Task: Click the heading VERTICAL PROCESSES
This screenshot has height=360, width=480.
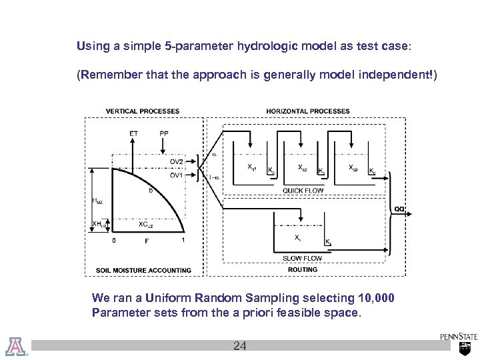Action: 143,111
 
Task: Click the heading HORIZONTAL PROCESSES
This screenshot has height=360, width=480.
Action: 308,111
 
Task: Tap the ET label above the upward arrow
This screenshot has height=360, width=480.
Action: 134,133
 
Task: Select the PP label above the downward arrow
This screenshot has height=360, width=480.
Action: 164,133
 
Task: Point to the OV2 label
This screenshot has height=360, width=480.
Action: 176,161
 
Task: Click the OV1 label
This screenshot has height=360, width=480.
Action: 176,175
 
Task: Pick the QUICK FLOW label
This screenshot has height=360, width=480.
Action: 303,191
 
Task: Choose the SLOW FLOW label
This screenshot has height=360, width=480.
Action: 303,259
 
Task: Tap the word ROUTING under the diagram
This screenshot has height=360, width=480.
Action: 303,269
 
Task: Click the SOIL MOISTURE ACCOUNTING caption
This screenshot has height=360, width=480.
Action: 143,270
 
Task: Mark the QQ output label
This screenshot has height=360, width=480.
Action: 399,209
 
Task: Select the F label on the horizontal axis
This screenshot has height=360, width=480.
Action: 147,241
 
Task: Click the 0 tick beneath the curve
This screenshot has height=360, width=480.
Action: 113,241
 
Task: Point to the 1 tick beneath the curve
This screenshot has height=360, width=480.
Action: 183,241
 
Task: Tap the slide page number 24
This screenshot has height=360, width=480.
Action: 239,346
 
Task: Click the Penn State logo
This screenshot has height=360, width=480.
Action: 458,343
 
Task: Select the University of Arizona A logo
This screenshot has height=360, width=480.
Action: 15,345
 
